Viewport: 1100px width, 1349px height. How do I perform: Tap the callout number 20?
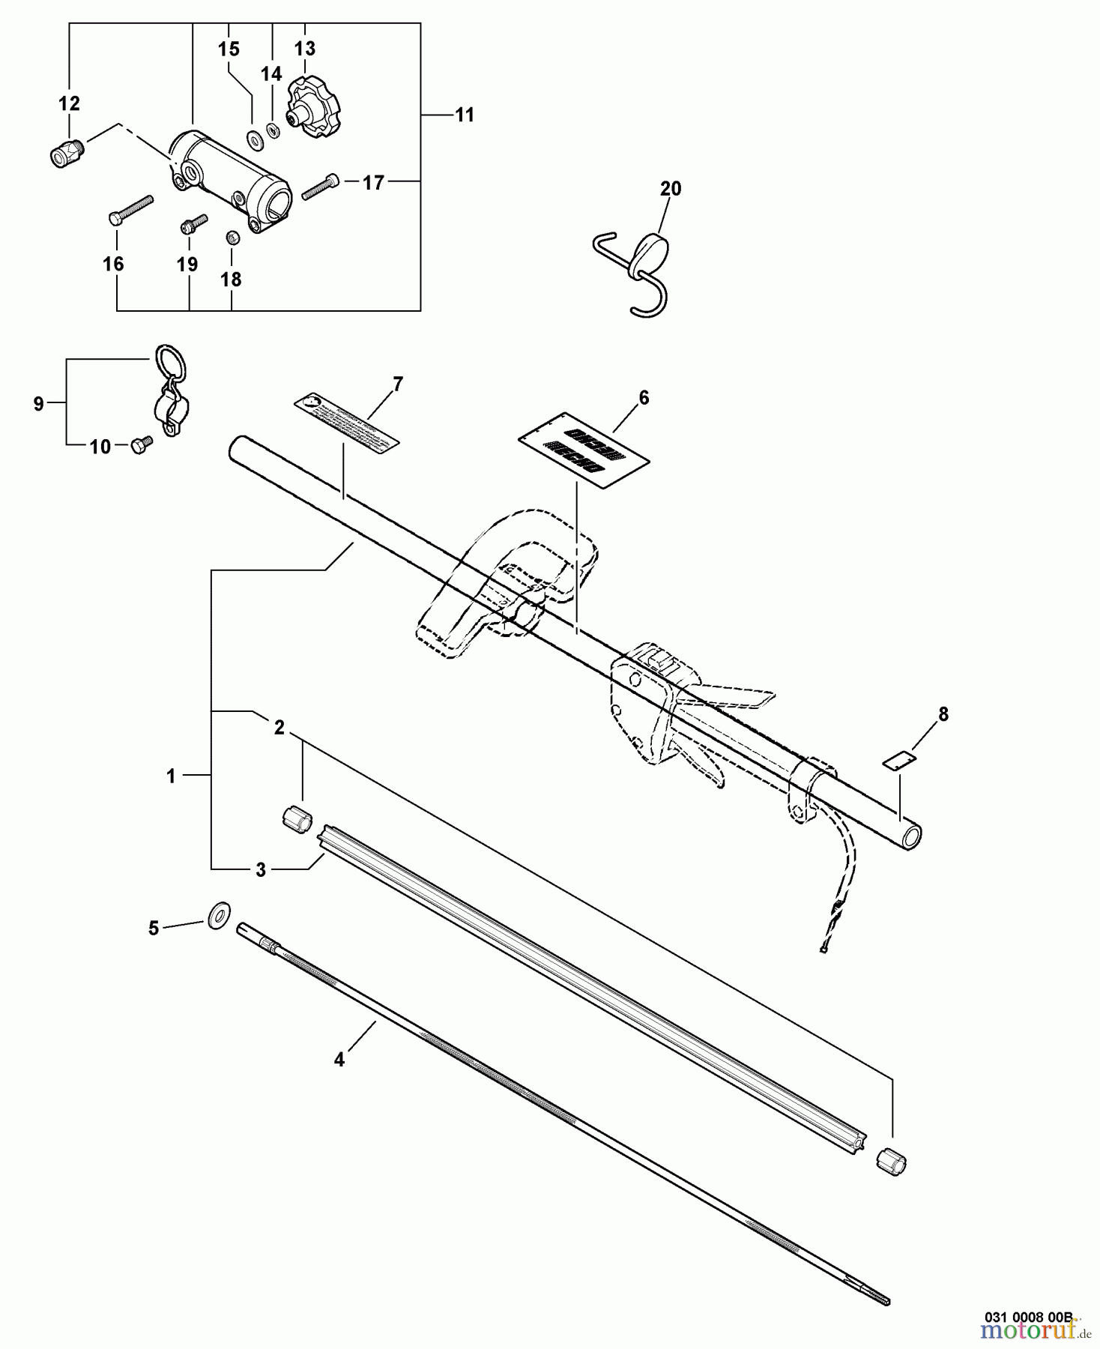click(670, 189)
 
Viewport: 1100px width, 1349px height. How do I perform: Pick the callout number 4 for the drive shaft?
click(339, 1060)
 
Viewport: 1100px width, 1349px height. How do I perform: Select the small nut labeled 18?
click(232, 238)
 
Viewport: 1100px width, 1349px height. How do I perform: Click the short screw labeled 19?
click(193, 224)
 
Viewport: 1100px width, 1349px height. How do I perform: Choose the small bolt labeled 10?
click(141, 444)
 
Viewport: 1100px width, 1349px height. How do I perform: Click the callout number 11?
click(465, 115)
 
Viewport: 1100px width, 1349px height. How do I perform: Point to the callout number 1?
click(171, 776)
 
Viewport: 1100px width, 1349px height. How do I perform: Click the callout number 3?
click(260, 869)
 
